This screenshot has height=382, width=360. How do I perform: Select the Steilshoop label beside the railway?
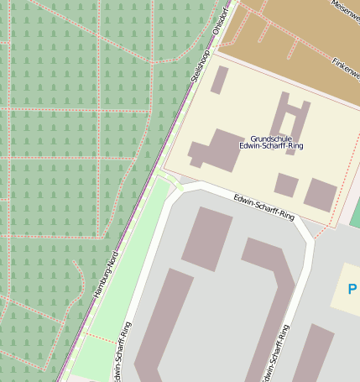click(200, 62)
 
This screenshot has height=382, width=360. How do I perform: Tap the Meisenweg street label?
click(345, 9)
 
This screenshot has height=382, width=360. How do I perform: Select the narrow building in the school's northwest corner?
click(219, 80)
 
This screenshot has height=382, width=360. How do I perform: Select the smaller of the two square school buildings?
click(286, 185)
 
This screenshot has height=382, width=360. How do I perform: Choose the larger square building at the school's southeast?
click(320, 194)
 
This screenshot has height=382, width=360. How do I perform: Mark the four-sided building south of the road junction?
click(206, 238)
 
